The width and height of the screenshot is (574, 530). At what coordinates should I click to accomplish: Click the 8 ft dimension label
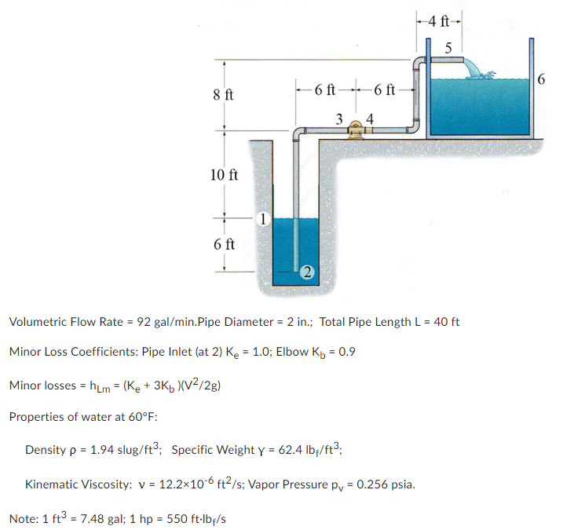(x=223, y=95)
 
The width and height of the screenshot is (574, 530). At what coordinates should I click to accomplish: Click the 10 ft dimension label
(x=224, y=174)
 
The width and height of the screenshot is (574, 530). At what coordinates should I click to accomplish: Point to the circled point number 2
(x=307, y=272)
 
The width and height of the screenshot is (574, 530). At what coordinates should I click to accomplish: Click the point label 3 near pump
(x=338, y=119)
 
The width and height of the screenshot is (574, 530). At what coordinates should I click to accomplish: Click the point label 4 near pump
(x=370, y=119)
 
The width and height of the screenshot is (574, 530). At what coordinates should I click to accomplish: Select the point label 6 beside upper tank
(x=542, y=79)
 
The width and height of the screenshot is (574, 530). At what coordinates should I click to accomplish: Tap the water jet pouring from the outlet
(x=475, y=69)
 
